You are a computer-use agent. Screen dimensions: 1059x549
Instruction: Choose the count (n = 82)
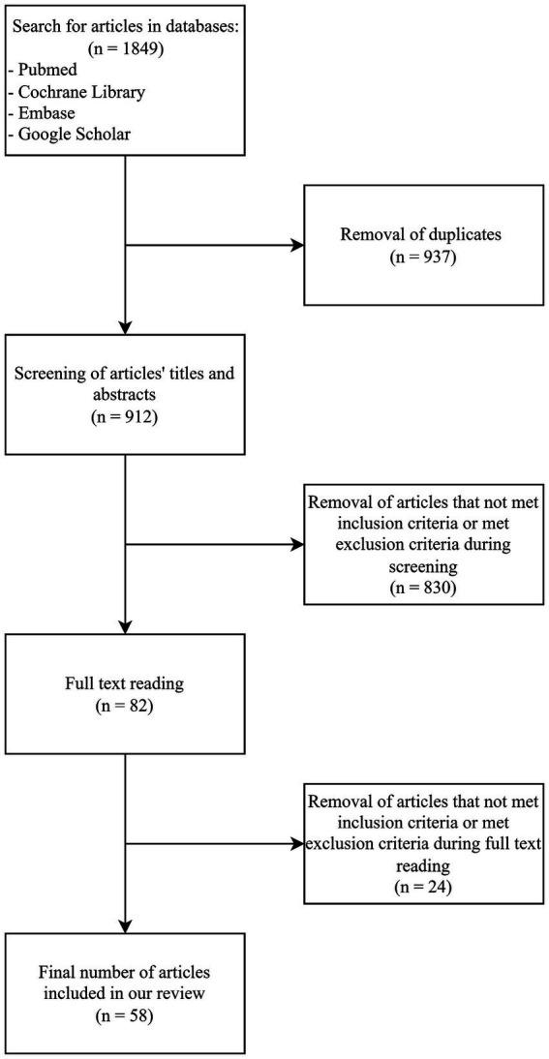pos(126,709)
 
